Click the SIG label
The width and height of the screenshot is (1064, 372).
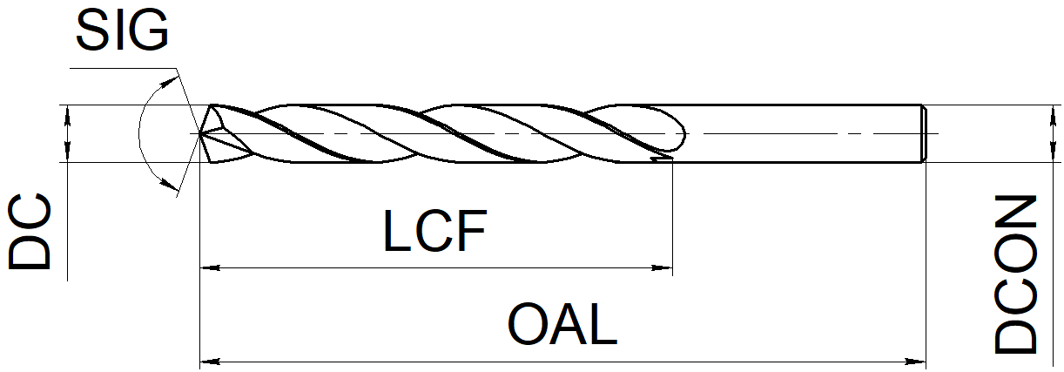coord(122,30)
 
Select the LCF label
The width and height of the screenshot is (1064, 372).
coord(434,230)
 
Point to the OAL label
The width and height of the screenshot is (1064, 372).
coord(562,324)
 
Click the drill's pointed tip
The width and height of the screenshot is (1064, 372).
coord(200,133)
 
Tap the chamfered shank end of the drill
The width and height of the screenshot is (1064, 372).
coord(924,133)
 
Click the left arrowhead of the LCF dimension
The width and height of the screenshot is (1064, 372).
coord(210,268)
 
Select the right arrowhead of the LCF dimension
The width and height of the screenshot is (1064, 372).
coord(662,268)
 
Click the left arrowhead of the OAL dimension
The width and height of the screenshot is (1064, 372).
coord(210,362)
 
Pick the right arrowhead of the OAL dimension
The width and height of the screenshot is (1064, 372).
coord(916,362)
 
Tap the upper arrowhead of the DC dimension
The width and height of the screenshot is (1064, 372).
coord(67,114)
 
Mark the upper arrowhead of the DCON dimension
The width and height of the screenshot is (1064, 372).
coord(1053,114)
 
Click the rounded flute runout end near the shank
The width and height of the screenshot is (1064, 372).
coord(683,133)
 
